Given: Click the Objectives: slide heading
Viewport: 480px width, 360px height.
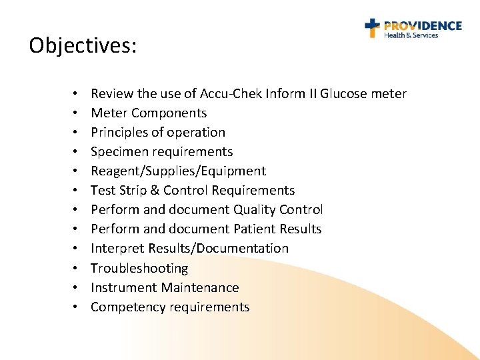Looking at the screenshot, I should click(x=83, y=45).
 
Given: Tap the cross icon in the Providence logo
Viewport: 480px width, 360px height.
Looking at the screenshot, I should click(x=372, y=28).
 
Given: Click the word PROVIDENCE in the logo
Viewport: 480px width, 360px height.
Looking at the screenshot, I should click(x=422, y=25).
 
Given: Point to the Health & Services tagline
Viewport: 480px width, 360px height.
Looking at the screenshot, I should click(x=411, y=35).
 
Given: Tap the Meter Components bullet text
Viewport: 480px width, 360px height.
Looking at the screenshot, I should click(x=149, y=113).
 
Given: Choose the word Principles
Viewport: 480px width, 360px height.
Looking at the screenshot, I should click(x=119, y=132).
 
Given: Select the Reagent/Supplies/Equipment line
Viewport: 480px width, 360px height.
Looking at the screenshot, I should click(x=178, y=171).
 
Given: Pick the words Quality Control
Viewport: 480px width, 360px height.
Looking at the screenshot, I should click(x=278, y=209).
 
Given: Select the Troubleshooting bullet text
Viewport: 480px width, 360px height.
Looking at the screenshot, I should click(x=139, y=268).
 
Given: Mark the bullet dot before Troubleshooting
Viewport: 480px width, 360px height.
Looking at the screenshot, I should click(x=76, y=269).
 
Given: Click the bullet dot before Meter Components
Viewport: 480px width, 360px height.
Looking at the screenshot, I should click(x=76, y=113).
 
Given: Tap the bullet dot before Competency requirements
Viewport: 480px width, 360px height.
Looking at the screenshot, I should click(x=76, y=307).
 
